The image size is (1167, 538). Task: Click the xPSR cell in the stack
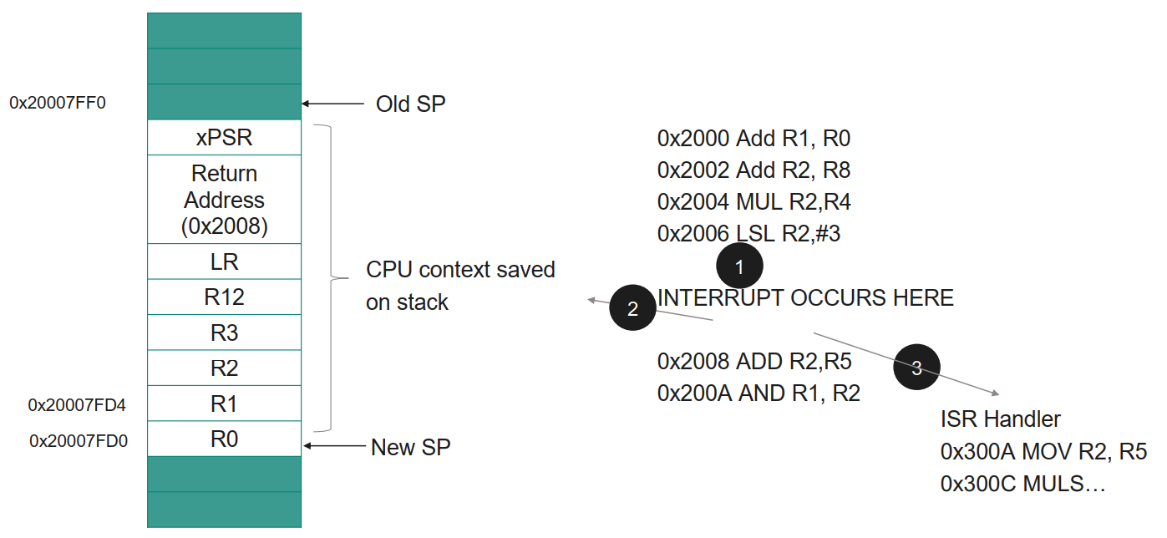(x=224, y=138)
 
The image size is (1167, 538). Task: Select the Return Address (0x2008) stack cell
(x=224, y=200)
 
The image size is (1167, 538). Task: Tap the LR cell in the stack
(x=224, y=261)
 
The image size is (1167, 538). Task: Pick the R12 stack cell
(x=224, y=297)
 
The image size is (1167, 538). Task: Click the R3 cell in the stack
(x=224, y=332)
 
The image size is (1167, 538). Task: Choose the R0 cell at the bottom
(x=224, y=439)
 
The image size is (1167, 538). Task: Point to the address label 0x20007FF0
(x=58, y=103)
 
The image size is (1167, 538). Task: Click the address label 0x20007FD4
(x=77, y=405)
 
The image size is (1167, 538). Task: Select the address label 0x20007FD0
(x=78, y=440)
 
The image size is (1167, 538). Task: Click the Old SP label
(x=410, y=104)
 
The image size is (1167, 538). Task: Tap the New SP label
(x=410, y=447)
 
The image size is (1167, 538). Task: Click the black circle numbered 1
(x=739, y=267)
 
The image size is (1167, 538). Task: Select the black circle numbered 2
(x=632, y=309)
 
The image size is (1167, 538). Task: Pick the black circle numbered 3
(x=916, y=368)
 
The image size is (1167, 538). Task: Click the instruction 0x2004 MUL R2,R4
(x=753, y=201)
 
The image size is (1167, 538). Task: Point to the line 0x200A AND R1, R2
(x=758, y=393)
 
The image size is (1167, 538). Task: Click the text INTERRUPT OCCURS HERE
(x=805, y=297)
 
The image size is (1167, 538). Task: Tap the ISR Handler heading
(x=1000, y=419)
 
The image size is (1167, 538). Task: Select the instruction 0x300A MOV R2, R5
(x=1043, y=452)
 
